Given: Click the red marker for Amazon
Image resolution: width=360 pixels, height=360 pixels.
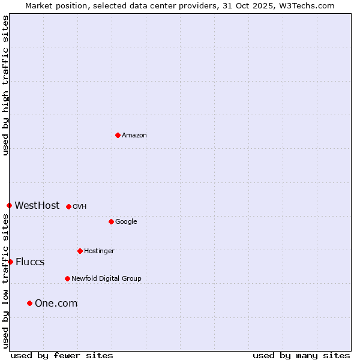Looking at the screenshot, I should [x=118, y=135].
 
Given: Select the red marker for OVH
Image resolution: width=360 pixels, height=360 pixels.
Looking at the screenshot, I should [x=68, y=206].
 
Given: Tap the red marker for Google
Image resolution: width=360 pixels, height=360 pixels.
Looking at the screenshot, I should [x=111, y=221].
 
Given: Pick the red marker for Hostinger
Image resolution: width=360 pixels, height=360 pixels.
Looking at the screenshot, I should [x=80, y=251].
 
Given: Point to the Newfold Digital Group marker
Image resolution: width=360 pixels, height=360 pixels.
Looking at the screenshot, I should [x=67, y=278].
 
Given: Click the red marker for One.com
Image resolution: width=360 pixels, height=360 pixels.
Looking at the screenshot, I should [x=29, y=303].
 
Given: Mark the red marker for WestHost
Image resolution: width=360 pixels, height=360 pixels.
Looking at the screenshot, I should [x=9, y=205].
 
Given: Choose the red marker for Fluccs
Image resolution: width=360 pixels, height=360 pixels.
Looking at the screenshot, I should [x=10, y=262].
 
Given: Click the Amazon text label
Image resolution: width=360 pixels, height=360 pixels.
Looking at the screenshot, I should [x=134, y=135].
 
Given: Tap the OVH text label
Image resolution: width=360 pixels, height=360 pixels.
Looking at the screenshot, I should [x=80, y=206].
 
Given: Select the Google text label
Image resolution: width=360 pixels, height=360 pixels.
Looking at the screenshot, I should [x=126, y=221].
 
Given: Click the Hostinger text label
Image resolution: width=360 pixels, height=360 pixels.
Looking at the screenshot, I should [x=99, y=251].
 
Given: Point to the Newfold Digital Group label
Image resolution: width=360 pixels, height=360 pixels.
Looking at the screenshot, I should [x=106, y=278].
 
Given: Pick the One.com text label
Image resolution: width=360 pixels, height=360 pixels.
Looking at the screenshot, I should [x=56, y=303].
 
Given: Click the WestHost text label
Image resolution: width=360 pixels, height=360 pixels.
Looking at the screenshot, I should [x=37, y=205].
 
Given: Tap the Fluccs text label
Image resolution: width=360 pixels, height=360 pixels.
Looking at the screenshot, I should [x=30, y=262].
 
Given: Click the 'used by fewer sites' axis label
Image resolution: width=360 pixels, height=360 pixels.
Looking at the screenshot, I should [x=62, y=355].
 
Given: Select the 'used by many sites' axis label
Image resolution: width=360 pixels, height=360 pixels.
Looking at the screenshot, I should [x=301, y=355].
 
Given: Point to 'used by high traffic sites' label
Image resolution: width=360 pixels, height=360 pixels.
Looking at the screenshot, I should [x=5, y=85].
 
